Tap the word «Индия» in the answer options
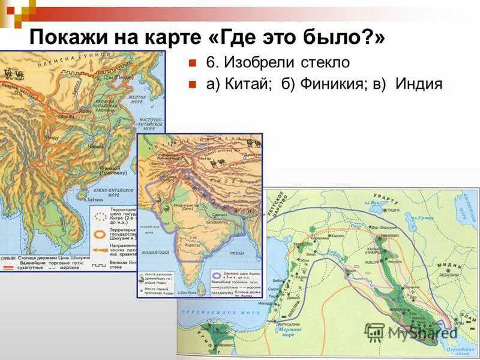[419, 85]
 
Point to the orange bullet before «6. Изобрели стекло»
[193, 62]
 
